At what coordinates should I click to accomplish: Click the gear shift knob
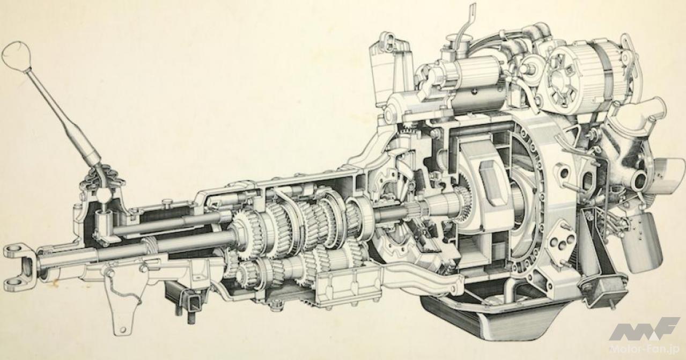(x=17, y=56)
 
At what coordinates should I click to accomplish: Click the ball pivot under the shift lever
(x=105, y=195)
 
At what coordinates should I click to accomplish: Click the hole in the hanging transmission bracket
(x=123, y=329)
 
